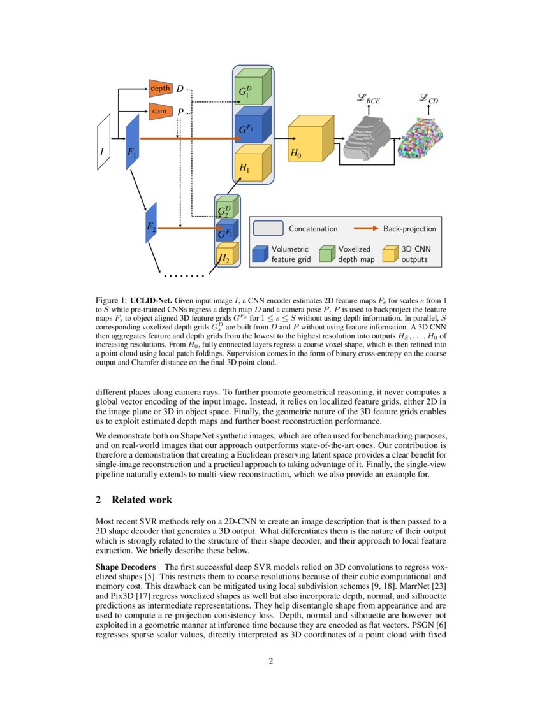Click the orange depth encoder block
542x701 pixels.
(160, 88)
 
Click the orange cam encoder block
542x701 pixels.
(160, 111)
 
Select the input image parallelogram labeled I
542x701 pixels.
(103, 142)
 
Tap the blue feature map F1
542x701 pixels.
(132, 143)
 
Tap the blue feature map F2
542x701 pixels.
(151, 222)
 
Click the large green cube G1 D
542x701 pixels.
(250, 89)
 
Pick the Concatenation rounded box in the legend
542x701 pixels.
(268, 228)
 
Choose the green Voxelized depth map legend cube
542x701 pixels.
(327, 254)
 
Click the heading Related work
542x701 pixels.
(141, 499)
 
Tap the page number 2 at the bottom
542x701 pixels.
(271, 660)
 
